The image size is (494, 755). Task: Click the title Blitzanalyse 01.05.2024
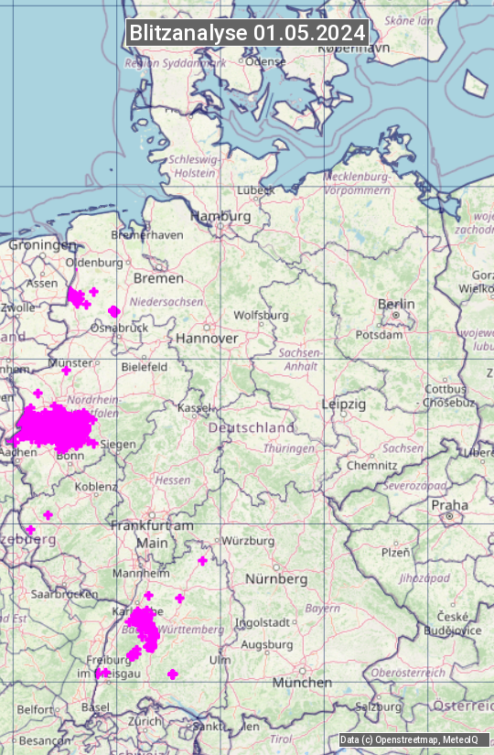(247, 33)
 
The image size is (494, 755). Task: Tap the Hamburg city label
(220, 216)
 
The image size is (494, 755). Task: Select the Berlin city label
(395, 304)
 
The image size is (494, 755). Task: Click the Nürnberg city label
(276, 579)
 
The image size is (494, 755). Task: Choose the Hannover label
(207, 338)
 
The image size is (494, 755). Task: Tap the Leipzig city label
(344, 404)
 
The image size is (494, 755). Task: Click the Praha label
(450, 505)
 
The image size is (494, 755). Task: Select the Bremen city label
(158, 277)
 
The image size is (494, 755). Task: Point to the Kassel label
(195, 407)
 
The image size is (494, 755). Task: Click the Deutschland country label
(252, 427)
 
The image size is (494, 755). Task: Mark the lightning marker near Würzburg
(203, 560)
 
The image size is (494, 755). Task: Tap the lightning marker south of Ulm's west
(173, 674)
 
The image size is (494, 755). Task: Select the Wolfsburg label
(261, 316)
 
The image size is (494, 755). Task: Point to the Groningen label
(43, 245)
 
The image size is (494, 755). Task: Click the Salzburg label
(379, 706)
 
